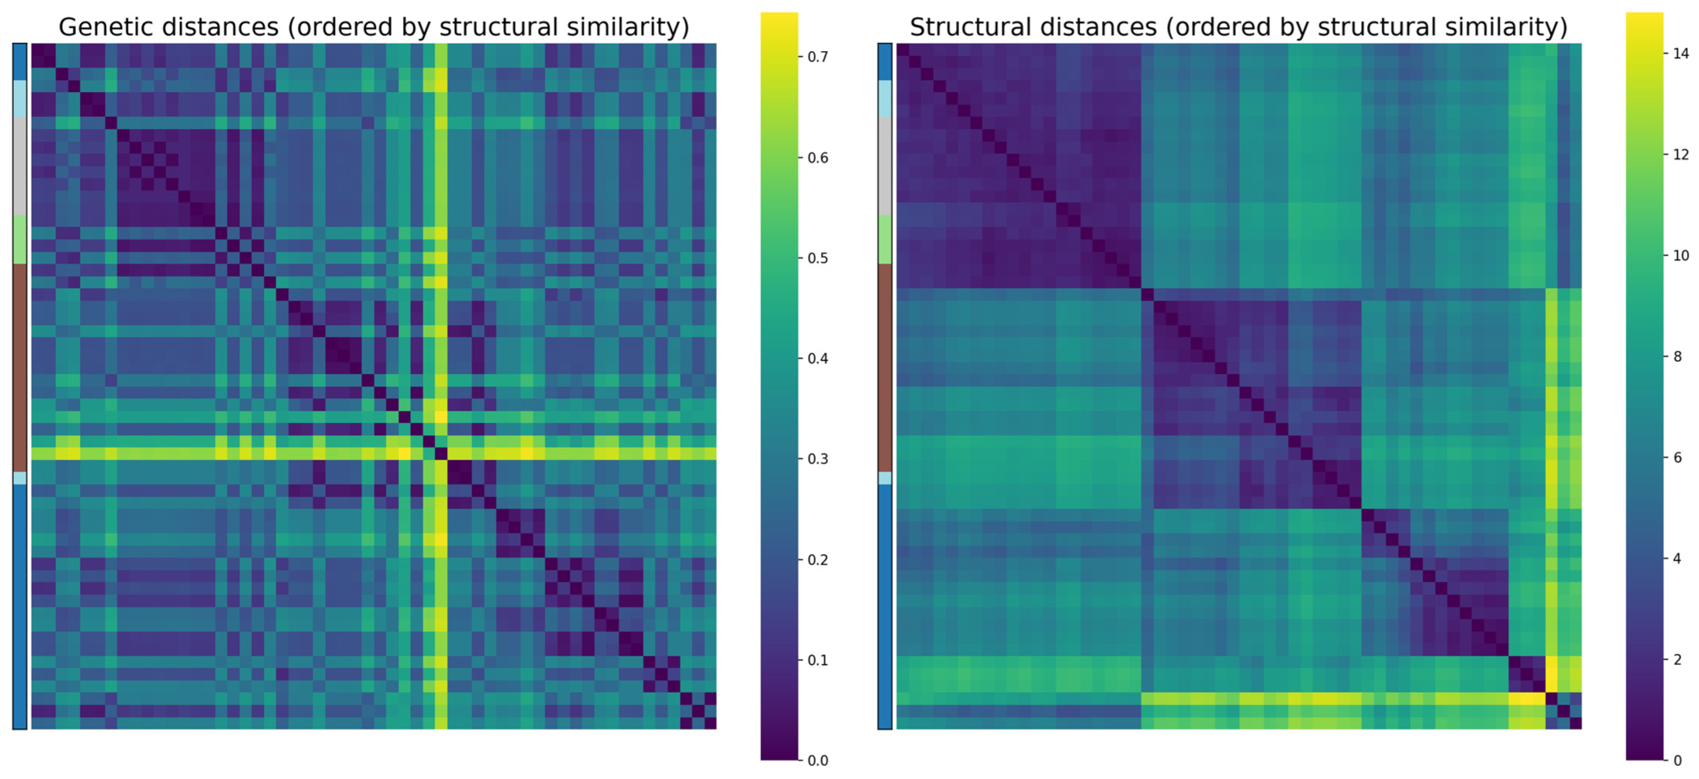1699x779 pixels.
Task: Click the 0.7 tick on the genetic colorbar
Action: point(817,57)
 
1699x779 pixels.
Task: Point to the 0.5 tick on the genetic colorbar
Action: point(817,258)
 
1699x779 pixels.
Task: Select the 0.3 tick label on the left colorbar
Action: point(817,459)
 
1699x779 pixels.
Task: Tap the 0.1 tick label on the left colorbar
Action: point(817,660)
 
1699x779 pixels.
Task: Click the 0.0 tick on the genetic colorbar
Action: point(817,761)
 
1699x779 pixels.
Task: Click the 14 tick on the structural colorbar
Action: point(1681,53)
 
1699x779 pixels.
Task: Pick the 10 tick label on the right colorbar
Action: point(1681,255)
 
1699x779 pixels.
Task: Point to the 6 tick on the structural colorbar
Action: point(1676,457)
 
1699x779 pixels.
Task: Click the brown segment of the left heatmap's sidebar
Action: point(20,367)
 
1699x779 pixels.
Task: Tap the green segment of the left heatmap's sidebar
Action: point(20,239)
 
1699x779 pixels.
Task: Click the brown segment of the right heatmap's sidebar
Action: point(884,367)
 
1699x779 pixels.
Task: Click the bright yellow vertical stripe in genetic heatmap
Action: point(440,264)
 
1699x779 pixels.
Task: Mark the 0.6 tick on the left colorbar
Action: point(817,158)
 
